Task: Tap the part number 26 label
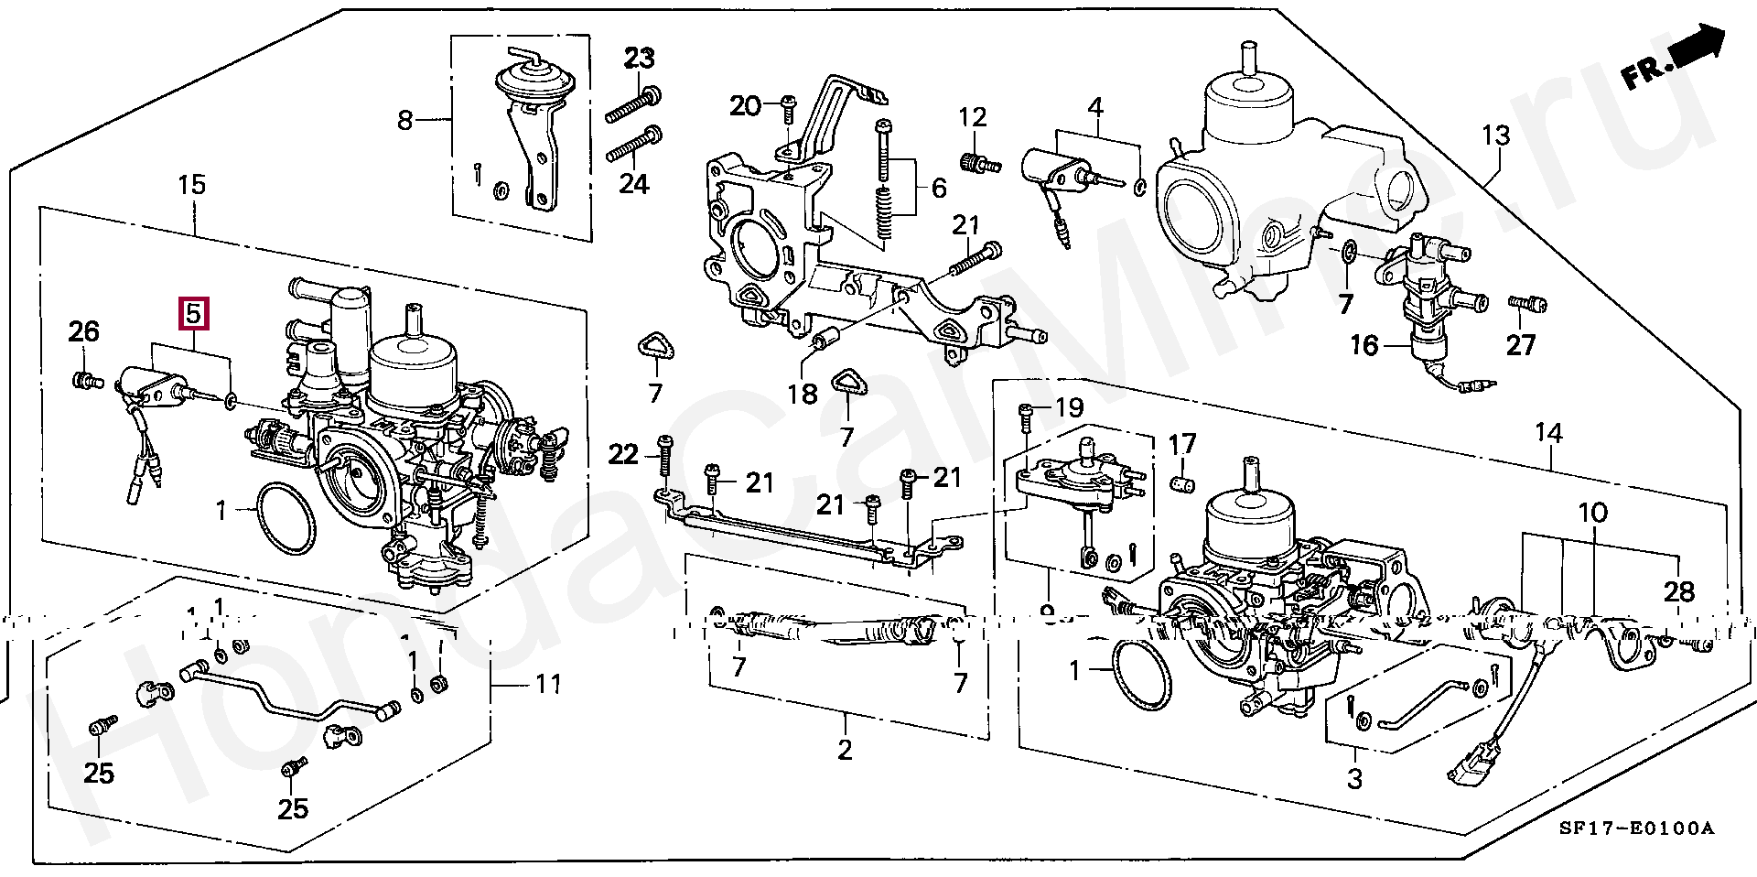tap(83, 331)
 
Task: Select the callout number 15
tap(191, 185)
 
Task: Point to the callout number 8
tap(405, 120)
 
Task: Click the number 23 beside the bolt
tap(640, 59)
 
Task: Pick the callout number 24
tap(633, 184)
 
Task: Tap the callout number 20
tap(745, 106)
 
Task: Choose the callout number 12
tap(973, 117)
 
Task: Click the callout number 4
tap(1095, 107)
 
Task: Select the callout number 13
tap(1495, 135)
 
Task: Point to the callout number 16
tap(1364, 345)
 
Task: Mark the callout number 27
tap(1520, 345)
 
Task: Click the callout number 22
tap(623, 454)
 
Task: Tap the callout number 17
tap(1182, 444)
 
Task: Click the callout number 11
tap(548, 684)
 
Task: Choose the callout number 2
tap(845, 750)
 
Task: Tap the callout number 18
tap(803, 394)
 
